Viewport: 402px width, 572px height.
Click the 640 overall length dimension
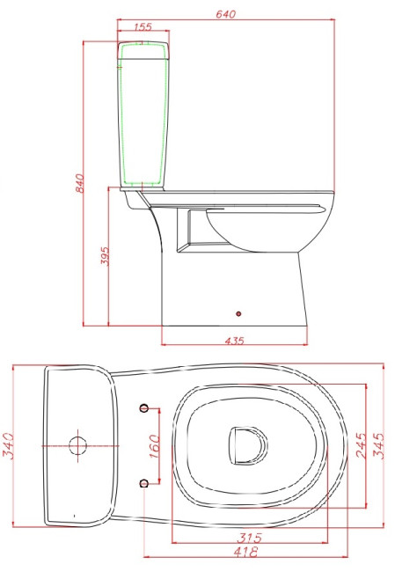(226, 14)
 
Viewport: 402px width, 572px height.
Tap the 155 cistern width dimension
(143, 26)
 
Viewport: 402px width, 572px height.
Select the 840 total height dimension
(79, 183)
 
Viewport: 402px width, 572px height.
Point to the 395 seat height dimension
(105, 256)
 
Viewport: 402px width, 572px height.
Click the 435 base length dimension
(235, 341)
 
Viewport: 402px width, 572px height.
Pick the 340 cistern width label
(8, 446)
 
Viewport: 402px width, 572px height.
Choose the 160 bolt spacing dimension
(154, 446)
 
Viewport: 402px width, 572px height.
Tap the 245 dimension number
(362, 445)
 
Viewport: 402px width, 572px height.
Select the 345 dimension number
(378, 445)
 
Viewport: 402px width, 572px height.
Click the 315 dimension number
(250, 538)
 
